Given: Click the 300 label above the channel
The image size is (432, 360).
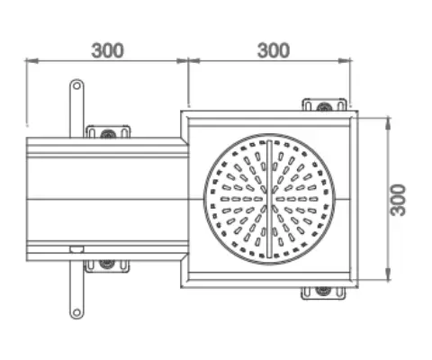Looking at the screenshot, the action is click(x=108, y=50).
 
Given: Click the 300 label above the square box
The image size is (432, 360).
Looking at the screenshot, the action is click(x=274, y=50).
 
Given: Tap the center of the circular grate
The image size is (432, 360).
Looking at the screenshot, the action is click(x=269, y=199).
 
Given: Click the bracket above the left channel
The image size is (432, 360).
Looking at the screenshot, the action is click(x=107, y=131).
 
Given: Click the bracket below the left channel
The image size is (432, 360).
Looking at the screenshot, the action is click(x=107, y=265).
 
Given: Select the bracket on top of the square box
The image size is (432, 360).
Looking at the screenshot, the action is click(x=323, y=105).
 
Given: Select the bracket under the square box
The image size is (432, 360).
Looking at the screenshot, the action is click(x=323, y=292).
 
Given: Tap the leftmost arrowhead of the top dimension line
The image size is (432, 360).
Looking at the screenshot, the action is click(x=28, y=61).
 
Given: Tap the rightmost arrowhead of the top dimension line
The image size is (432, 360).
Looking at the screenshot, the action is click(x=347, y=61).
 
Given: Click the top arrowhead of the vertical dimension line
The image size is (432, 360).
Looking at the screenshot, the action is click(x=387, y=118).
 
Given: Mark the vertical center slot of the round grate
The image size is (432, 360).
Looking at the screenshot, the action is click(x=269, y=199).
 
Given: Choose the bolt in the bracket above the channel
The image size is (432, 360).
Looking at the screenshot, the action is click(x=107, y=134).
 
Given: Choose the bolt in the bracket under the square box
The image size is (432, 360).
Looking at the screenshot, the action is click(x=323, y=292).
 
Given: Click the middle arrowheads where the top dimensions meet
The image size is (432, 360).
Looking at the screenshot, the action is click(x=187, y=61).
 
